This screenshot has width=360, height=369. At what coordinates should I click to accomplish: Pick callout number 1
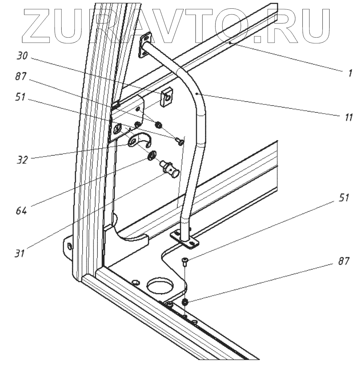point(350,74)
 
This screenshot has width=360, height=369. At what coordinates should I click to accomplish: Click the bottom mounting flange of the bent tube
point(186,240)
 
